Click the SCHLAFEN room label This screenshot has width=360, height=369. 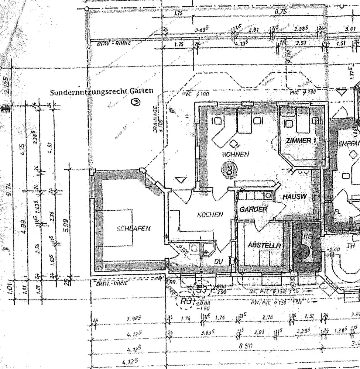coord(133,228)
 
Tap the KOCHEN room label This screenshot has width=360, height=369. coord(210,214)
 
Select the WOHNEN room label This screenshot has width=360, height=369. coord(235,154)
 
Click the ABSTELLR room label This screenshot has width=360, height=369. coord(264,245)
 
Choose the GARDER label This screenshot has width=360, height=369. coord(253,209)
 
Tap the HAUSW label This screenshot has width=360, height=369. coord(295,197)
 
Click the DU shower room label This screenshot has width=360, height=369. coord(219,261)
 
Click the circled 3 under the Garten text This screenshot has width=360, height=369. coord(136,102)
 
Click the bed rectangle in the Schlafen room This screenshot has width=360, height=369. coord(115,228)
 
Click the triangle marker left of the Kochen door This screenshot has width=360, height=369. coord(181,180)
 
